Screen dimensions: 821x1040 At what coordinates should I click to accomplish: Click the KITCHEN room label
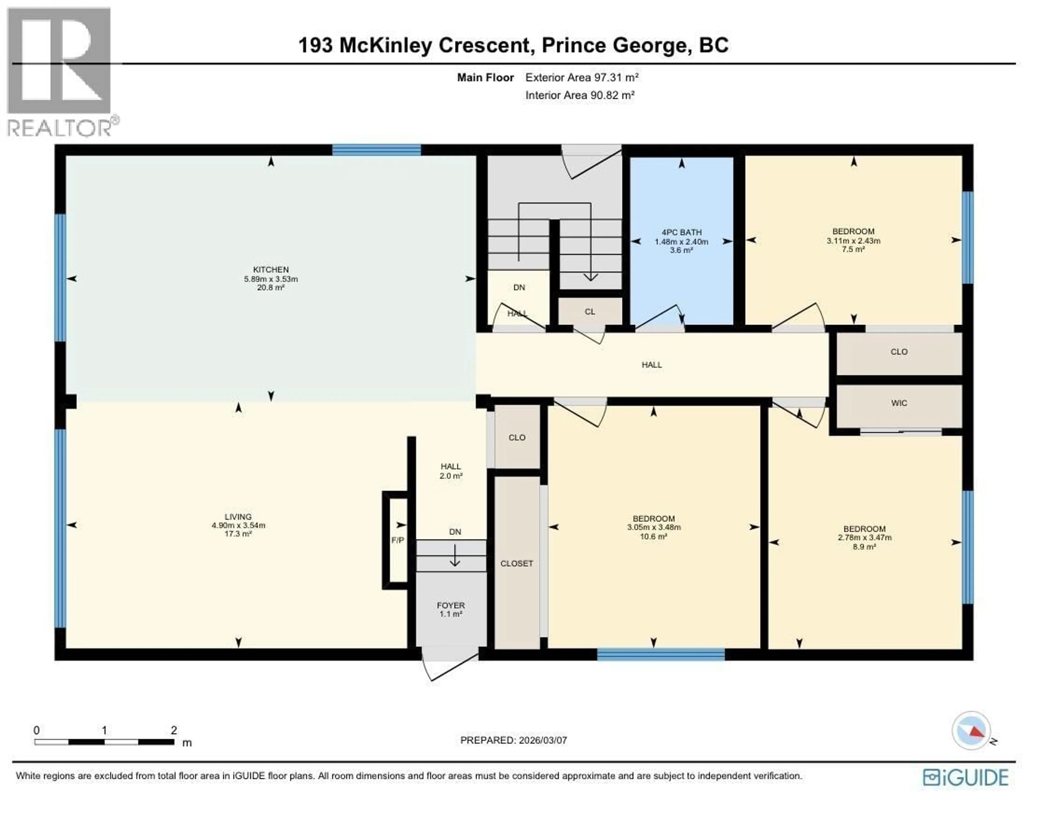click(271, 270)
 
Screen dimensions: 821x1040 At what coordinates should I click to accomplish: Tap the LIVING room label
click(238, 517)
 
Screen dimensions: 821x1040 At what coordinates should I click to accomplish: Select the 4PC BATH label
click(681, 232)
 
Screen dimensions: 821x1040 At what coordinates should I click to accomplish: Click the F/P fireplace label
click(398, 540)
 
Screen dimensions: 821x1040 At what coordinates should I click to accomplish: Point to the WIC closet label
click(899, 403)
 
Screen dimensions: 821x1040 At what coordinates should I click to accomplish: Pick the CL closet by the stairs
click(590, 311)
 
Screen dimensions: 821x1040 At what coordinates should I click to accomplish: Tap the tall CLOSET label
click(517, 563)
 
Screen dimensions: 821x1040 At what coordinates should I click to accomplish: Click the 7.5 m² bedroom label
click(853, 232)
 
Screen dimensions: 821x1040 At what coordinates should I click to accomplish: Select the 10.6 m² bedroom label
click(653, 519)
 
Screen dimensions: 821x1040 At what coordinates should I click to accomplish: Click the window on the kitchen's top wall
click(376, 150)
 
